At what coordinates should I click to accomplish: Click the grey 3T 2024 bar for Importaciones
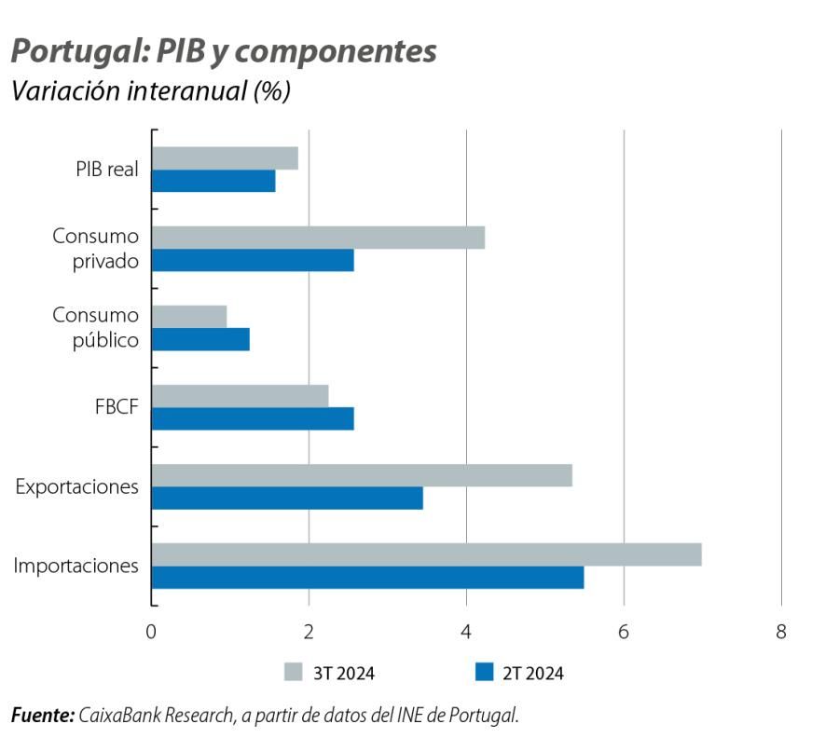(x=426, y=554)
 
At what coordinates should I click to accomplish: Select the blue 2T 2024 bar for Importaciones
(x=367, y=578)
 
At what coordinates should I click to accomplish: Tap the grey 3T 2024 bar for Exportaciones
(x=362, y=475)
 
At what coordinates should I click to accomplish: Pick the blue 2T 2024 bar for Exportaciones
(x=287, y=498)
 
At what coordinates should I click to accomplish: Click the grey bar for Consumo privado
(x=318, y=238)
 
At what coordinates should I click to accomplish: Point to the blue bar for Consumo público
(x=200, y=340)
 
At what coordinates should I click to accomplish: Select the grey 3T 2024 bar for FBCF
(x=240, y=396)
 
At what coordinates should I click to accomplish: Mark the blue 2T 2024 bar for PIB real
(x=213, y=181)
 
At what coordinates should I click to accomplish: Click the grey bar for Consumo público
(x=189, y=317)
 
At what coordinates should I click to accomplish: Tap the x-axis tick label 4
(x=466, y=632)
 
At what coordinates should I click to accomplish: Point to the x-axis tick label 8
(x=781, y=632)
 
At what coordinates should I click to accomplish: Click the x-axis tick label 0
(x=151, y=632)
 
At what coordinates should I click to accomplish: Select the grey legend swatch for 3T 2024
(x=293, y=673)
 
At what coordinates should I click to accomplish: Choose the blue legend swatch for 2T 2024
(x=483, y=673)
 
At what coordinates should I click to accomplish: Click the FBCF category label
(x=118, y=407)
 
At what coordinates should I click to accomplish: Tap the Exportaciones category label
(x=77, y=486)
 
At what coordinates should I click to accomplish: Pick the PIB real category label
(x=107, y=170)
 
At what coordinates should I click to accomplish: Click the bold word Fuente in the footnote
(x=42, y=716)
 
